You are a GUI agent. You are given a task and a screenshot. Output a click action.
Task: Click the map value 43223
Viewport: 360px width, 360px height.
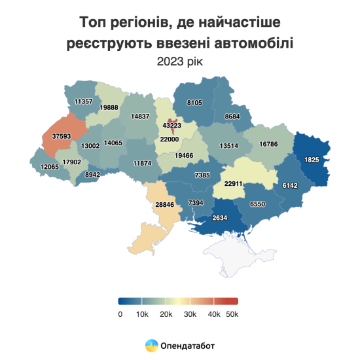171,124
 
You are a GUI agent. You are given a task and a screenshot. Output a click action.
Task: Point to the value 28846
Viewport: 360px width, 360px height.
164,205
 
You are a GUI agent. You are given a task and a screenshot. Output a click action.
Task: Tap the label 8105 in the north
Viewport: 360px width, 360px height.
195,102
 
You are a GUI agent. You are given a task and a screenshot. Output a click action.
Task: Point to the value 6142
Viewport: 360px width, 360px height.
289,186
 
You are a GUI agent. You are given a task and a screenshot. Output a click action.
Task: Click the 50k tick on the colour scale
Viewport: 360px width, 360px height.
232,314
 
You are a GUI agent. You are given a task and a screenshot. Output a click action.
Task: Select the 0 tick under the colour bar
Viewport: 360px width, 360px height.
120,314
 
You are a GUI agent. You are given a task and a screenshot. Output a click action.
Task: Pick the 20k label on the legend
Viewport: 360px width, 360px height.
166,314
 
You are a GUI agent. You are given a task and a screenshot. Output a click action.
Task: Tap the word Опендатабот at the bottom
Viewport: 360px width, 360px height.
188,344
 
